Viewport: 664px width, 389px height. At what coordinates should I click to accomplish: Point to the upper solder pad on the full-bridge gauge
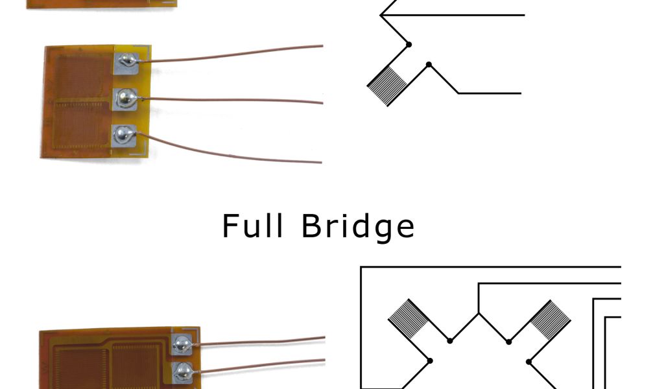click(181, 343)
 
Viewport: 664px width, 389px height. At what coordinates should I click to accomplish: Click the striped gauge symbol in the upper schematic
click(386, 86)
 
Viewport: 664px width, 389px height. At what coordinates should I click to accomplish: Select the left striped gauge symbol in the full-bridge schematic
click(408, 318)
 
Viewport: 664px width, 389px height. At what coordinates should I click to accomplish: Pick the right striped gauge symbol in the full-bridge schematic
click(550, 319)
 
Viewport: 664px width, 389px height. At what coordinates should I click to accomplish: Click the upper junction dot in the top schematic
click(409, 44)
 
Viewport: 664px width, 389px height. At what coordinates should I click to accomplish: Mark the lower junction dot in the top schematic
click(428, 64)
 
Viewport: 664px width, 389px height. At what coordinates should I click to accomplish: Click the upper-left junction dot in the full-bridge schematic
click(449, 341)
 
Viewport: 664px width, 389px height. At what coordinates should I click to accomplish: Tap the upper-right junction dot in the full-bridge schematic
click(509, 341)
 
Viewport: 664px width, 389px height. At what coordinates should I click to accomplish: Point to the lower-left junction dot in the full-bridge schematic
click(429, 360)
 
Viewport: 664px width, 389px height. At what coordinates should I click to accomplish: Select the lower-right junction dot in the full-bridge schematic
click(529, 360)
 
